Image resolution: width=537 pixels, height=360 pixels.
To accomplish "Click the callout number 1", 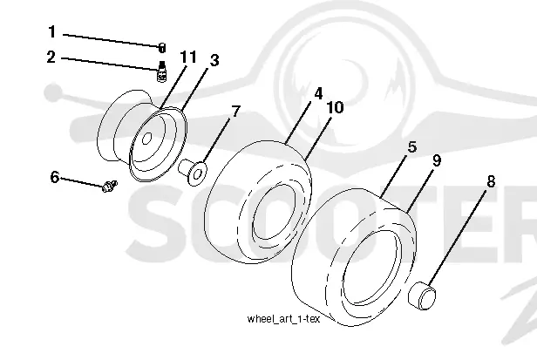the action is (51, 32).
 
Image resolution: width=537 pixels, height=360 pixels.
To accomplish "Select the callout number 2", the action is (51, 57).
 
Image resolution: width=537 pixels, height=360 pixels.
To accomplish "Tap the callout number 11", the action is (188, 57).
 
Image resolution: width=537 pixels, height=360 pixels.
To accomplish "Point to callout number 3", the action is (214, 61).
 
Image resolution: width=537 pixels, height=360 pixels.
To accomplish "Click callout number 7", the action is (236, 112).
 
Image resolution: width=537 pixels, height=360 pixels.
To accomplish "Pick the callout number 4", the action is (318, 93).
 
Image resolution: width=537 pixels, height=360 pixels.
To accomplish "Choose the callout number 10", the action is (336, 107).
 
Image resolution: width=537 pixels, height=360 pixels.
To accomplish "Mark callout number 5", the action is (412, 147).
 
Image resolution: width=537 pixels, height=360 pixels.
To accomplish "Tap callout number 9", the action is (436, 160).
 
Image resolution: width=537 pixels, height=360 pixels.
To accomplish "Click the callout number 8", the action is (491, 181).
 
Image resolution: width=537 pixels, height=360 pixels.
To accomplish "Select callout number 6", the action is (55, 178).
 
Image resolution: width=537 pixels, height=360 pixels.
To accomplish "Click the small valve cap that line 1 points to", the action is (162, 48).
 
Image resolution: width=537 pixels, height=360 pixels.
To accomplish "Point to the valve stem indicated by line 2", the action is (161, 71).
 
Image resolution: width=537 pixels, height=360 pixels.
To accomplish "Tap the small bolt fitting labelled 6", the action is (110, 186).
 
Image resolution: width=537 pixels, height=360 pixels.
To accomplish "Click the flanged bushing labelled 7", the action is (193, 172).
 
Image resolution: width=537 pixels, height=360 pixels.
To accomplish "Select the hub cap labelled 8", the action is (423, 295).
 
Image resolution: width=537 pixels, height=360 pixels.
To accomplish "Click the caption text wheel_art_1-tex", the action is (283, 319).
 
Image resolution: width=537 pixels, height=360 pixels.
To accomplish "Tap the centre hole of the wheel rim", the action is (146, 138).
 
